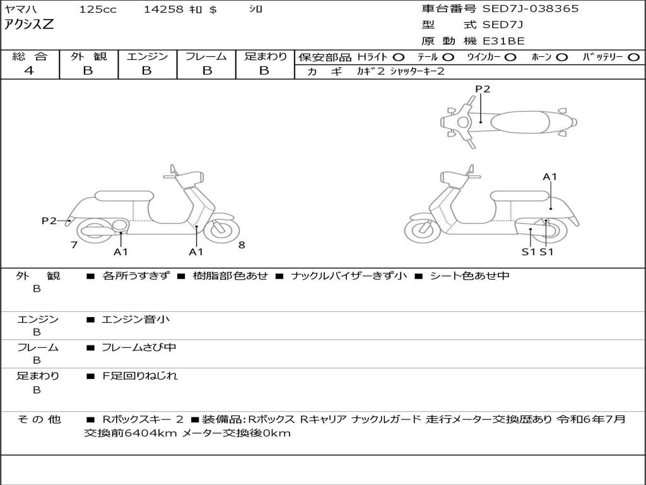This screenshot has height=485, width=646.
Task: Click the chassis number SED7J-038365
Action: click(x=531, y=9)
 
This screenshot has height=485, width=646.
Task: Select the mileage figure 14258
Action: click(x=163, y=9)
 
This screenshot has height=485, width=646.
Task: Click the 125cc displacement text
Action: click(x=98, y=9)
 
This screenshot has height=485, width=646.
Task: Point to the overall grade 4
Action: click(x=29, y=71)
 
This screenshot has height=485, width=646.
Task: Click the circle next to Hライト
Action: click(x=399, y=57)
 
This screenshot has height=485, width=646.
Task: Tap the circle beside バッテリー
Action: click(x=633, y=57)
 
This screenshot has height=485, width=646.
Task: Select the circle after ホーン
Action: click(x=561, y=57)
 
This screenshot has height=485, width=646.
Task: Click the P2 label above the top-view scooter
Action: click(x=483, y=88)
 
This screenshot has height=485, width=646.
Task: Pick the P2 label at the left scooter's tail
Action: click(x=49, y=220)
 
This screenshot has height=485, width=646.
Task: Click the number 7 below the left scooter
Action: click(x=74, y=245)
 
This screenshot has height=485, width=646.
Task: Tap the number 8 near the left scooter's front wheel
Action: click(x=242, y=245)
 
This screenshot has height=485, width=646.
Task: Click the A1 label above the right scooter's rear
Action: click(x=550, y=177)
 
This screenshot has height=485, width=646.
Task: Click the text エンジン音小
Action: click(x=136, y=320)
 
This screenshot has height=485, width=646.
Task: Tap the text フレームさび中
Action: click(x=139, y=348)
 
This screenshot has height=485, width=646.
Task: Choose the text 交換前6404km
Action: click(x=131, y=433)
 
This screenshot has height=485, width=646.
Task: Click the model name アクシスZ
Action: click(x=29, y=25)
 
